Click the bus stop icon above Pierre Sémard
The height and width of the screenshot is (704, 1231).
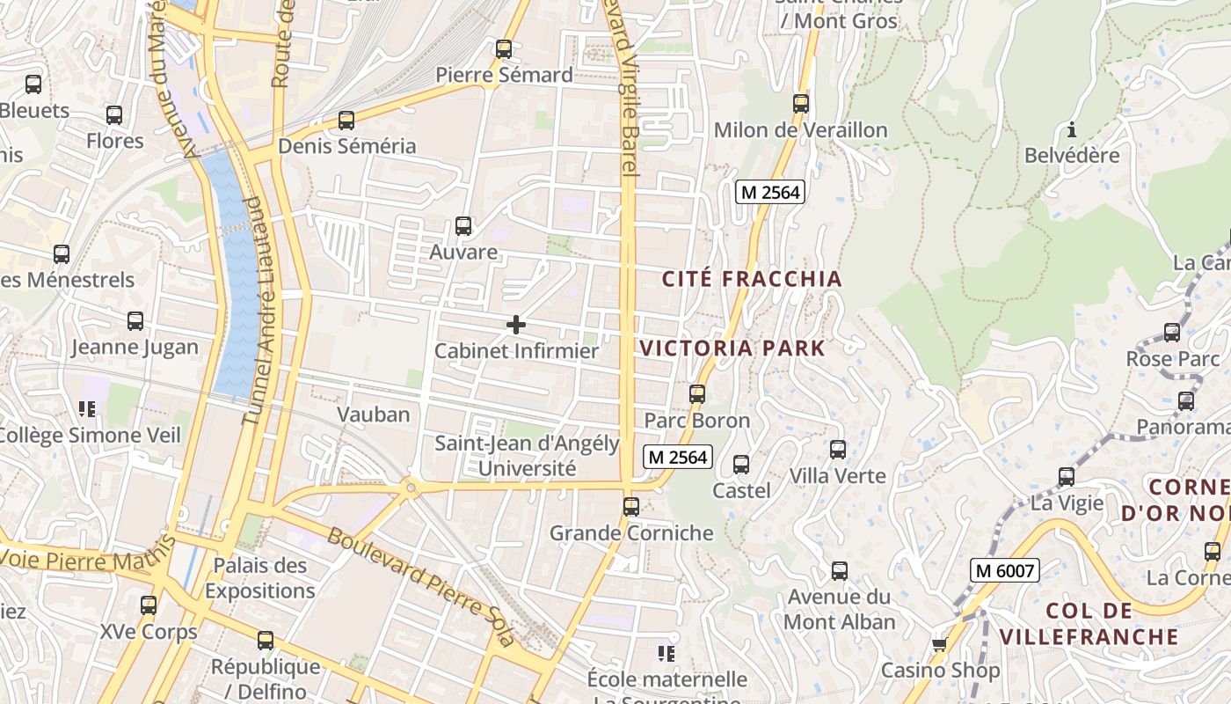tap(504, 49)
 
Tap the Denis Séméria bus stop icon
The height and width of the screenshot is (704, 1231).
tap(346, 121)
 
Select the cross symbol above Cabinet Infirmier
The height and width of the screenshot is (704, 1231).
tap(516, 326)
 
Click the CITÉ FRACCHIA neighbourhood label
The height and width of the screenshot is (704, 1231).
tap(752, 279)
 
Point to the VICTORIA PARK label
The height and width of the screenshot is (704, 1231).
tap(732, 348)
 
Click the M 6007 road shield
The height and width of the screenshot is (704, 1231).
tap(1005, 570)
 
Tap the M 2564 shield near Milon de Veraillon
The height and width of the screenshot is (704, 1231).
tap(770, 192)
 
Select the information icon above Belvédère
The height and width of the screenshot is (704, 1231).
tap(1072, 131)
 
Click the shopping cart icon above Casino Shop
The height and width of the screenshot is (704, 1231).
tap(940, 645)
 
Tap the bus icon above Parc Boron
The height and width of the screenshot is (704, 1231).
tap(697, 394)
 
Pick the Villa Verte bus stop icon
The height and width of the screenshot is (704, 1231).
tap(838, 450)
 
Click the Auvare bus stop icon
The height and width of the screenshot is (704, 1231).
tap(463, 226)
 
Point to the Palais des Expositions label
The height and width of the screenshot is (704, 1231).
tap(259, 577)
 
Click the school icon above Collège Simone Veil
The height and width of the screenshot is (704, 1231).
tap(87, 408)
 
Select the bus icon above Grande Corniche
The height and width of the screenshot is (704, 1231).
tap(631, 507)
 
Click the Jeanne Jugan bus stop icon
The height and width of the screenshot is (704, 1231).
tap(135, 321)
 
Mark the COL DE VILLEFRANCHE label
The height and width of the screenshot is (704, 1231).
tap(1089, 623)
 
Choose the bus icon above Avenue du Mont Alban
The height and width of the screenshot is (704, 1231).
tap(840, 571)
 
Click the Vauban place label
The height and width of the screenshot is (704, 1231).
tap(374, 414)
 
